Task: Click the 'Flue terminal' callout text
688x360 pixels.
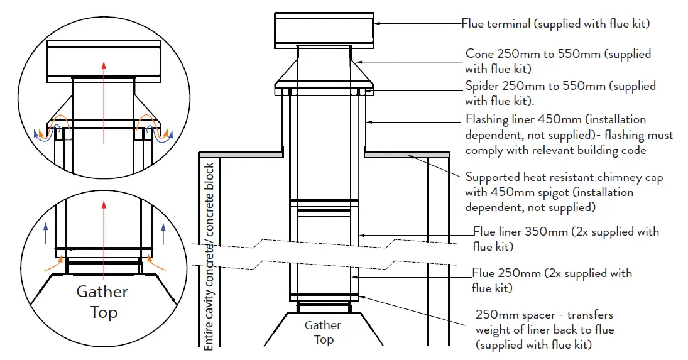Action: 555,24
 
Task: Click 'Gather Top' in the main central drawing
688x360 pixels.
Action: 323,332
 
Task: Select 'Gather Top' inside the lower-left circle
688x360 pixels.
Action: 102,302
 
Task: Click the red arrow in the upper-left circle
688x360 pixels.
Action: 104,101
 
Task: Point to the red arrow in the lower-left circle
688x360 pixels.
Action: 104,239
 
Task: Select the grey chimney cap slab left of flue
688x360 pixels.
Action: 241,154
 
